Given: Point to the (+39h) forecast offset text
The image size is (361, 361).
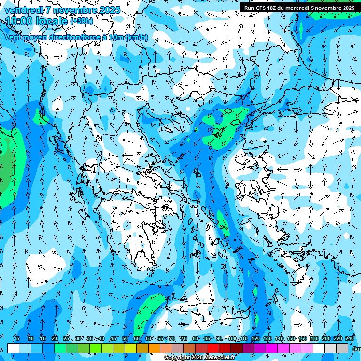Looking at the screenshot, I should (81, 21).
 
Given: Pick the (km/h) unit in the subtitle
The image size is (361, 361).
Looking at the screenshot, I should (136, 38).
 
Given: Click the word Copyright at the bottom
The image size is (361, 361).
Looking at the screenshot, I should (176, 358).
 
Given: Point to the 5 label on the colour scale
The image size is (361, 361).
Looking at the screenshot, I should (17, 338).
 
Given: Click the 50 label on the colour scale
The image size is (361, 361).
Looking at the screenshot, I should (125, 338).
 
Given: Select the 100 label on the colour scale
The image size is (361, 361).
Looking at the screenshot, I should (232, 338).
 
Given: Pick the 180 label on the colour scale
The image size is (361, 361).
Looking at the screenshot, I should (314, 338).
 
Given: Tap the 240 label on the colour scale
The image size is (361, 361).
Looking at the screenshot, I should (350, 338).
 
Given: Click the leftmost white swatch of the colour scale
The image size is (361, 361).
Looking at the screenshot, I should (13, 348).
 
